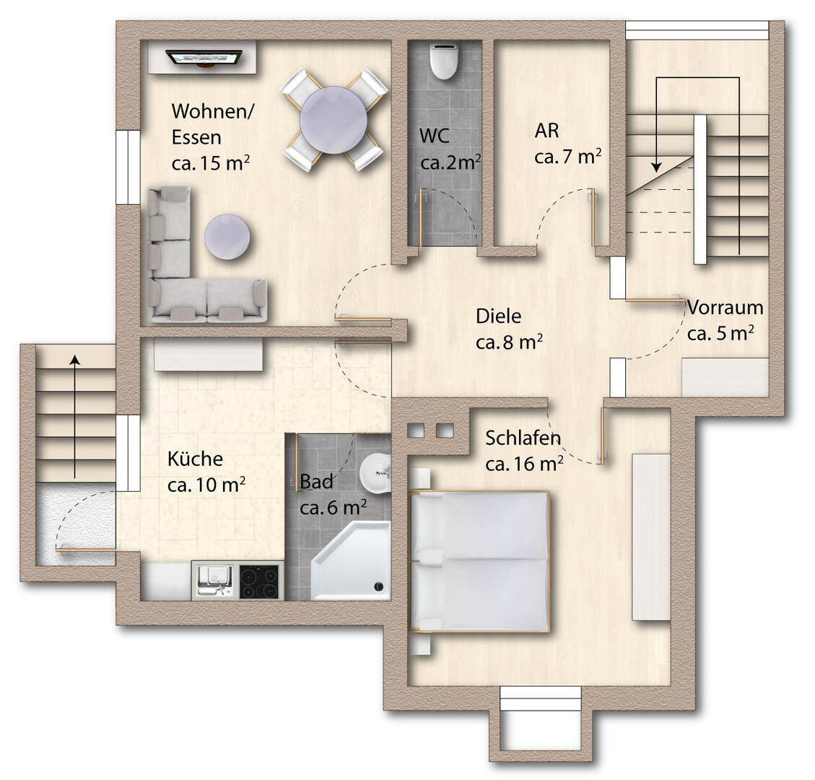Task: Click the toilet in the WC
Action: click(444, 61)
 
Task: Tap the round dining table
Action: click(334, 120)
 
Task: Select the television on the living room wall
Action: click(204, 58)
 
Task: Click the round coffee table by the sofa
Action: click(227, 237)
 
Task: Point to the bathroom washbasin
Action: click(375, 472)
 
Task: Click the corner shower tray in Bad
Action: click(352, 562)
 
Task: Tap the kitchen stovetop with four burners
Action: click(259, 581)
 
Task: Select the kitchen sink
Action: click(215, 581)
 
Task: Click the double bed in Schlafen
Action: click(479, 562)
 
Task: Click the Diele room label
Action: click(499, 316)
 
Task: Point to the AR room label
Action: click(546, 131)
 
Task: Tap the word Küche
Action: click(195, 459)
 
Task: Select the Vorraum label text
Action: click(725, 308)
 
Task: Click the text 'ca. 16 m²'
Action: click(525, 464)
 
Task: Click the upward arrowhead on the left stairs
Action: click(76, 360)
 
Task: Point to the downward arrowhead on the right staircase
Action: click(657, 166)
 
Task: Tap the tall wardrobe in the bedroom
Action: click(650, 537)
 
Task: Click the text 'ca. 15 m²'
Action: click(211, 163)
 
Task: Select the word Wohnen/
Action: click(212, 111)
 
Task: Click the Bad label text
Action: click(316, 482)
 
